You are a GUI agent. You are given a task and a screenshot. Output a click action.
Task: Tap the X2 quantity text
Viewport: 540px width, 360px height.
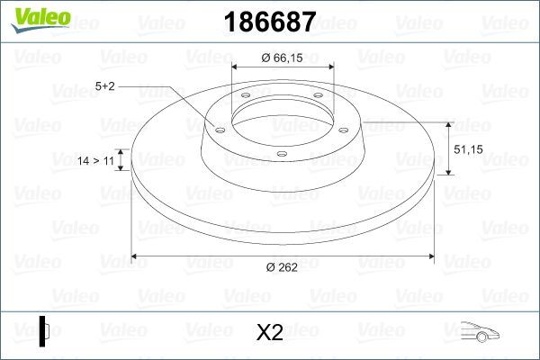270,333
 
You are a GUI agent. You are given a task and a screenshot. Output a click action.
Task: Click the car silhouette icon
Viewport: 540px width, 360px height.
481,332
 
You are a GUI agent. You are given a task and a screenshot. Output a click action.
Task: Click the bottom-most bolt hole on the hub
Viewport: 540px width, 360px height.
282,154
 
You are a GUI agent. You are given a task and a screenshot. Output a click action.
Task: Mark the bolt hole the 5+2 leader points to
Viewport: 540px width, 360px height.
218,128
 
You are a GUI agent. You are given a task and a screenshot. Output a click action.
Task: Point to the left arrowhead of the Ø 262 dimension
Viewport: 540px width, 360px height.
136,256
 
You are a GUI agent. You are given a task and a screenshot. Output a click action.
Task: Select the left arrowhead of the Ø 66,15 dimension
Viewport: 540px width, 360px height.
237,67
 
